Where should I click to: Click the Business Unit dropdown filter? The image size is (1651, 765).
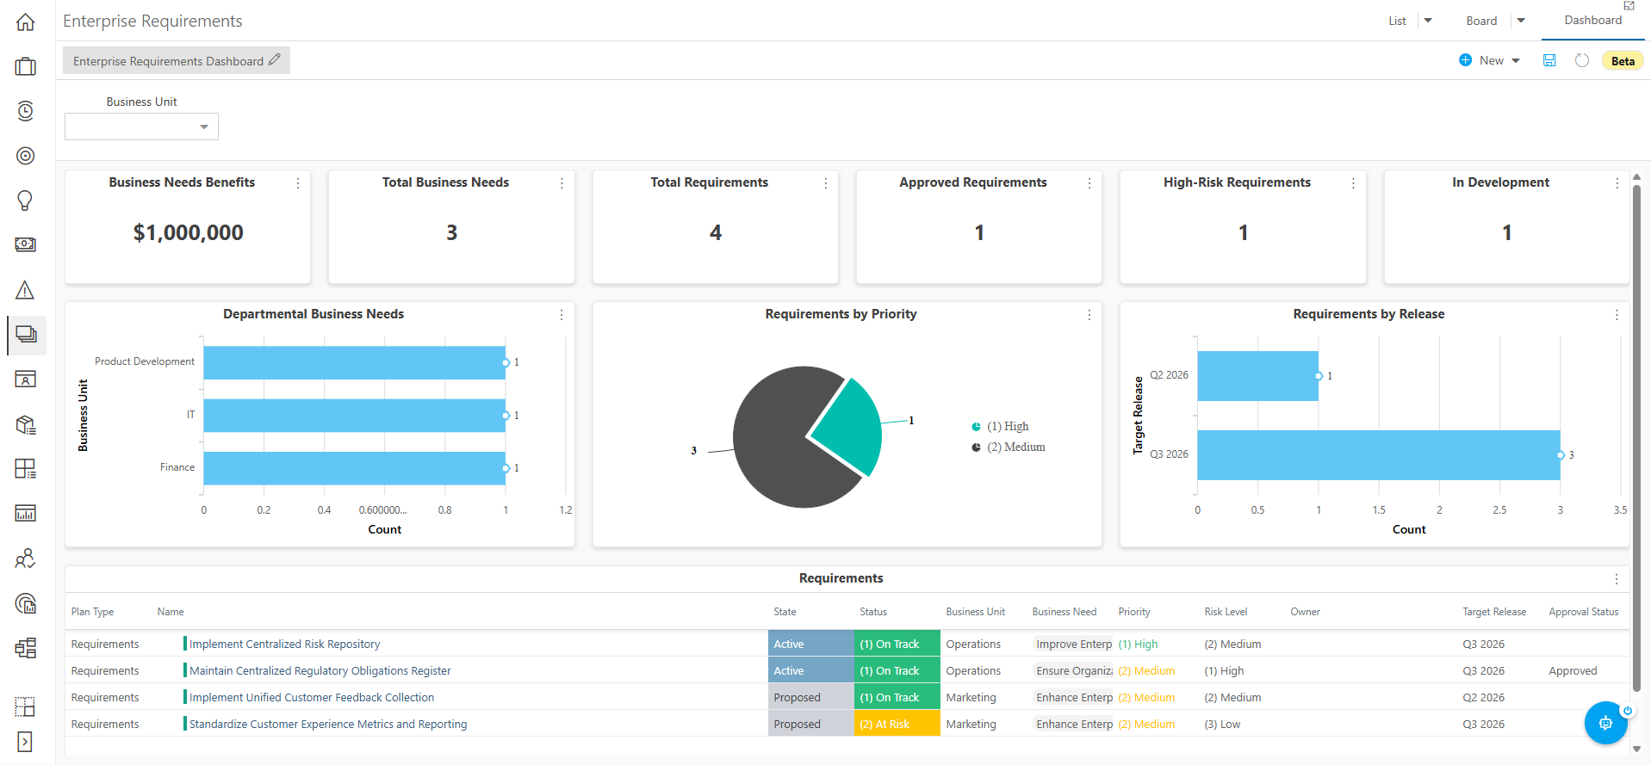tap(141, 126)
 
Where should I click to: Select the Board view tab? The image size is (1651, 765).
tap(1481, 21)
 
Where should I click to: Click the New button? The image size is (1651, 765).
tap(1490, 60)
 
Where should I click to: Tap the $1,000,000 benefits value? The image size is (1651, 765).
tap(189, 232)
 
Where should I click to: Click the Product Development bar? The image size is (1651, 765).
tap(354, 362)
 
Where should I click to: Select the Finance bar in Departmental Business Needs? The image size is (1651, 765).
tap(354, 468)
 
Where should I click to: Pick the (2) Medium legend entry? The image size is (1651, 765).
tap(1009, 447)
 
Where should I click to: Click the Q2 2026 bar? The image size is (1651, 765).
tap(1257, 376)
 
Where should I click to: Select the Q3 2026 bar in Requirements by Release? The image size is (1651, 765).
tap(1378, 455)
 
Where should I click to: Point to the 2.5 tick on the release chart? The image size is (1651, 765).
tap(1499, 510)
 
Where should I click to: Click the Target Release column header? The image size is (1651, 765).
tap(1494, 612)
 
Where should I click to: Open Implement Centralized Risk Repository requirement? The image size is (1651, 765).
tap(284, 644)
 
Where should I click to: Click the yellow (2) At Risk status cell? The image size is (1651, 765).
tap(897, 724)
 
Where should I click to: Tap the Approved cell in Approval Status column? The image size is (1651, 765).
tap(1573, 670)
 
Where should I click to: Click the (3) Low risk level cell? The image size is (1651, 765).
tap(1222, 724)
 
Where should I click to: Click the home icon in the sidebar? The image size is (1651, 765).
tap(26, 22)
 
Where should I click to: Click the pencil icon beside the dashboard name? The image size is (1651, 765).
tap(275, 60)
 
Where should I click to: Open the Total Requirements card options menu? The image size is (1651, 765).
tap(825, 183)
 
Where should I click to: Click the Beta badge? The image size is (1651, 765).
tap(1623, 61)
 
